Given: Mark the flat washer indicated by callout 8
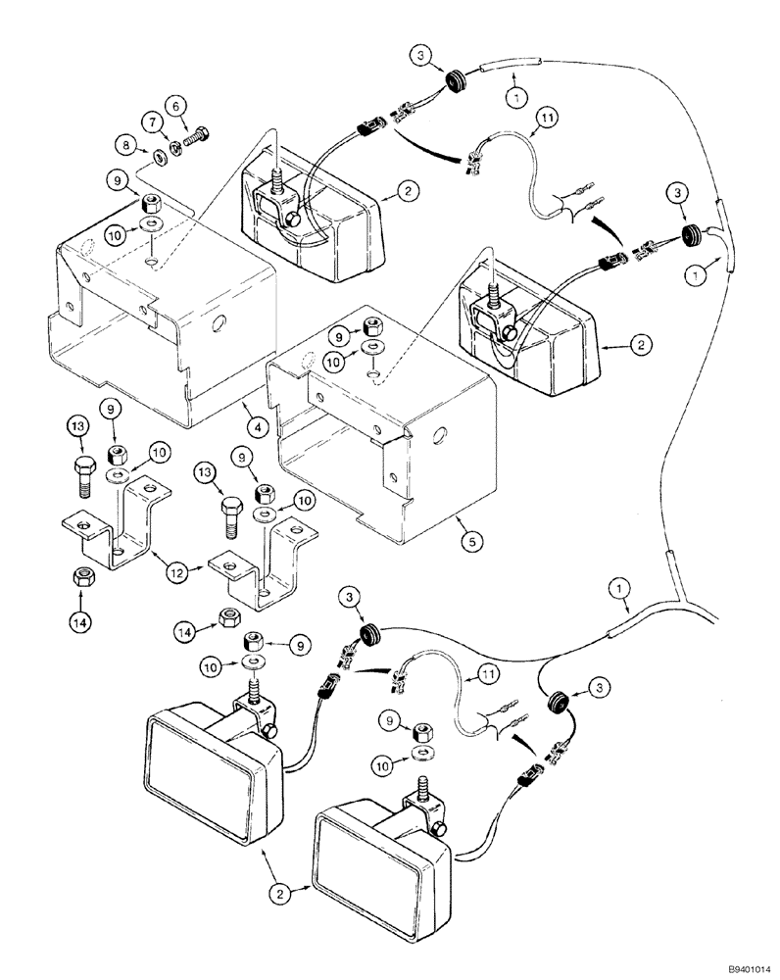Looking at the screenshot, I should pos(158,156).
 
